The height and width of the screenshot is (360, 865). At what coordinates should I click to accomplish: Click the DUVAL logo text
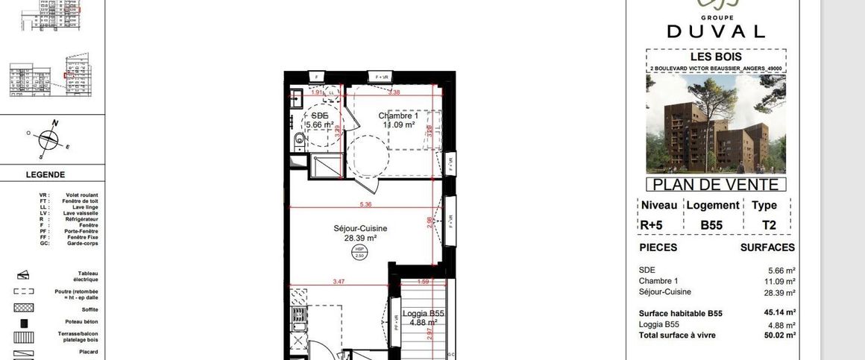click(x=715, y=31)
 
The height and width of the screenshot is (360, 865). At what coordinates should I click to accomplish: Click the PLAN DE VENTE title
click(x=715, y=185)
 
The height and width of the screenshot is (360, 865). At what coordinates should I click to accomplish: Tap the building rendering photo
click(x=715, y=124)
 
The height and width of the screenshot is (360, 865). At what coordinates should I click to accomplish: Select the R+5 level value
click(x=650, y=224)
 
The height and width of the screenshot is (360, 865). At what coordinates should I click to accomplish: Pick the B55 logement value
click(x=712, y=224)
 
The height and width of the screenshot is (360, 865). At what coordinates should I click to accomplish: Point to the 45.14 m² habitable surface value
click(x=780, y=312)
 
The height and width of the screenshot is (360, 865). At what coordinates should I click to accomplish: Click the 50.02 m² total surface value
click(x=780, y=335)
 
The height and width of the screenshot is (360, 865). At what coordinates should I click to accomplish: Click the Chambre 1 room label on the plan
click(x=398, y=116)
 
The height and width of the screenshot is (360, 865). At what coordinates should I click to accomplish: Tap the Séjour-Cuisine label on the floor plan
click(x=360, y=229)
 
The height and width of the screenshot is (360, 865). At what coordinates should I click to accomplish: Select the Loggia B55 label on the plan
click(x=423, y=315)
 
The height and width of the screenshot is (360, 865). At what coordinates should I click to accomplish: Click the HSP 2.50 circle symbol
click(x=359, y=253)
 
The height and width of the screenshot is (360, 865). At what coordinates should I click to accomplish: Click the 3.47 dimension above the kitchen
click(x=339, y=282)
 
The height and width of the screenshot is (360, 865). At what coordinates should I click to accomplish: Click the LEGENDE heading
click(x=45, y=174)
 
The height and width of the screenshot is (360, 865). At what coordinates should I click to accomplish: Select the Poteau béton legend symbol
click(x=25, y=324)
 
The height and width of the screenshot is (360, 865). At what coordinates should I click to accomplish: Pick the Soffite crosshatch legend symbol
click(x=24, y=308)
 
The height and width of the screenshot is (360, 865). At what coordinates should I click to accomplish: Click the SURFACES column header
click(x=767, y=247)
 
